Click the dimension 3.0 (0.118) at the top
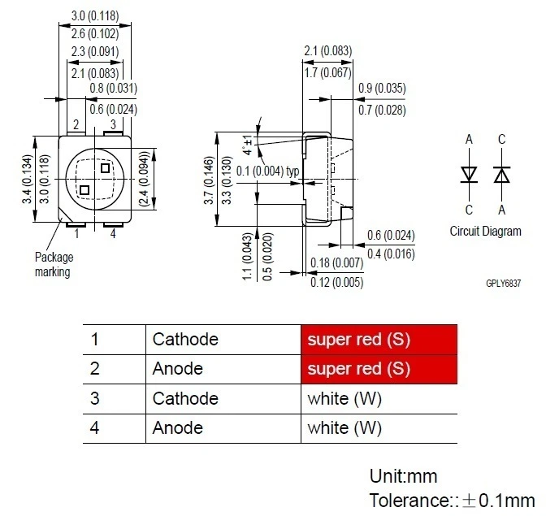[89, 15]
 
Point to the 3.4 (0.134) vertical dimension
[27, 179]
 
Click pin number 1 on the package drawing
[76, 234]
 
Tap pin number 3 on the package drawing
[112, 124]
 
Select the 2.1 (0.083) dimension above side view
[327, 50]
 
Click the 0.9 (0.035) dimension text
[381, 89]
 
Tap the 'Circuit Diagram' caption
[485, 232]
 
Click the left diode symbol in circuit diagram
[469, 175]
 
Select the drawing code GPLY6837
[503, 284]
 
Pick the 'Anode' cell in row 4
[177, 428]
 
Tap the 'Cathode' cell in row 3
[185, 398]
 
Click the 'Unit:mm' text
[403, 475]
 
